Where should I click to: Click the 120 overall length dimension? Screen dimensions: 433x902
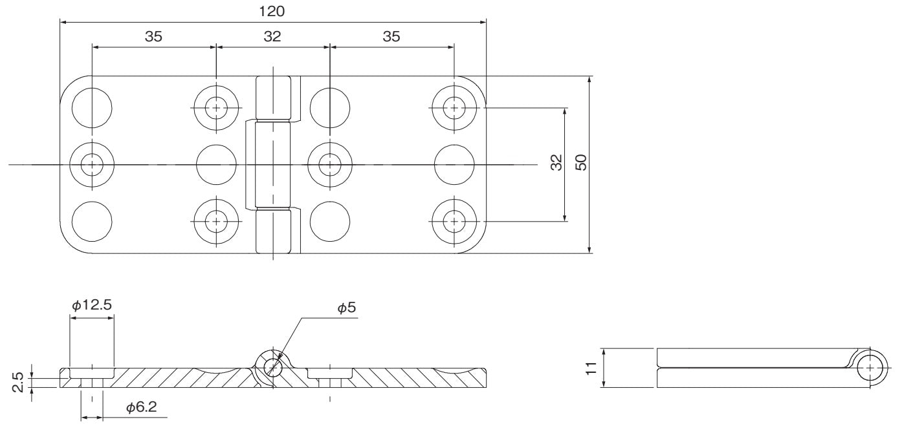point(272,11)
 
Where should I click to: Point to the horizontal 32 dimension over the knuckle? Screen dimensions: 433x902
point(272,37)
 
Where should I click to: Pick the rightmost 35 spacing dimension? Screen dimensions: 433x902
point(391,37)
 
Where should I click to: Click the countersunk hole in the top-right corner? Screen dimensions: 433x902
point(454,107)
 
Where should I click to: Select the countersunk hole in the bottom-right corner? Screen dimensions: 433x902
point(454,222)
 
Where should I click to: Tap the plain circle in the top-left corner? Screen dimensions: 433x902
point(91,107)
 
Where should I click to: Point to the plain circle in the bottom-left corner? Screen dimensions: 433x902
point(91,222)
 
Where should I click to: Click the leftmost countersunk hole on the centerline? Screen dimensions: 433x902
point(91,165)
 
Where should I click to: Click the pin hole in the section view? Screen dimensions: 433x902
point(272,366)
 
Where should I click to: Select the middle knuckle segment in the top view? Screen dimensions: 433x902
point(272,165)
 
